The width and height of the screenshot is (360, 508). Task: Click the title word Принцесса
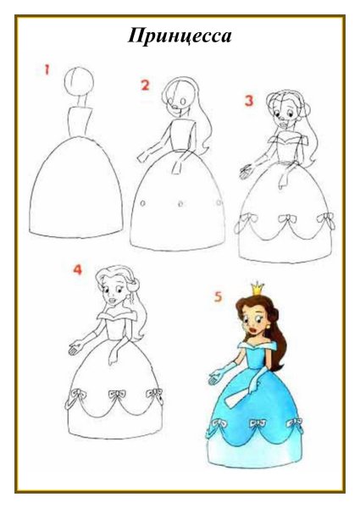(180, 36)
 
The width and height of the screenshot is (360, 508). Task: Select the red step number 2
(145, 85)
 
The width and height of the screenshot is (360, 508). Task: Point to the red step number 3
(249, 101)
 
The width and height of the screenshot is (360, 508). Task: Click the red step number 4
(78, 270)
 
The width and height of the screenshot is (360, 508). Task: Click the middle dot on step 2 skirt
(181, 204)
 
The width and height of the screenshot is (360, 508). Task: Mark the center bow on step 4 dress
(114, 395)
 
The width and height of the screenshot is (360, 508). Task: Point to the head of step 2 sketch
(179, 97)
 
